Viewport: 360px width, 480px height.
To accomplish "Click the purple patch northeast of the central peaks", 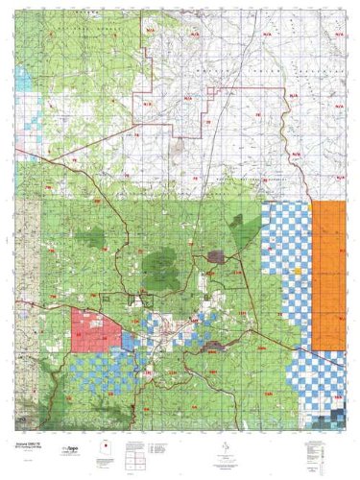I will [216, 256].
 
